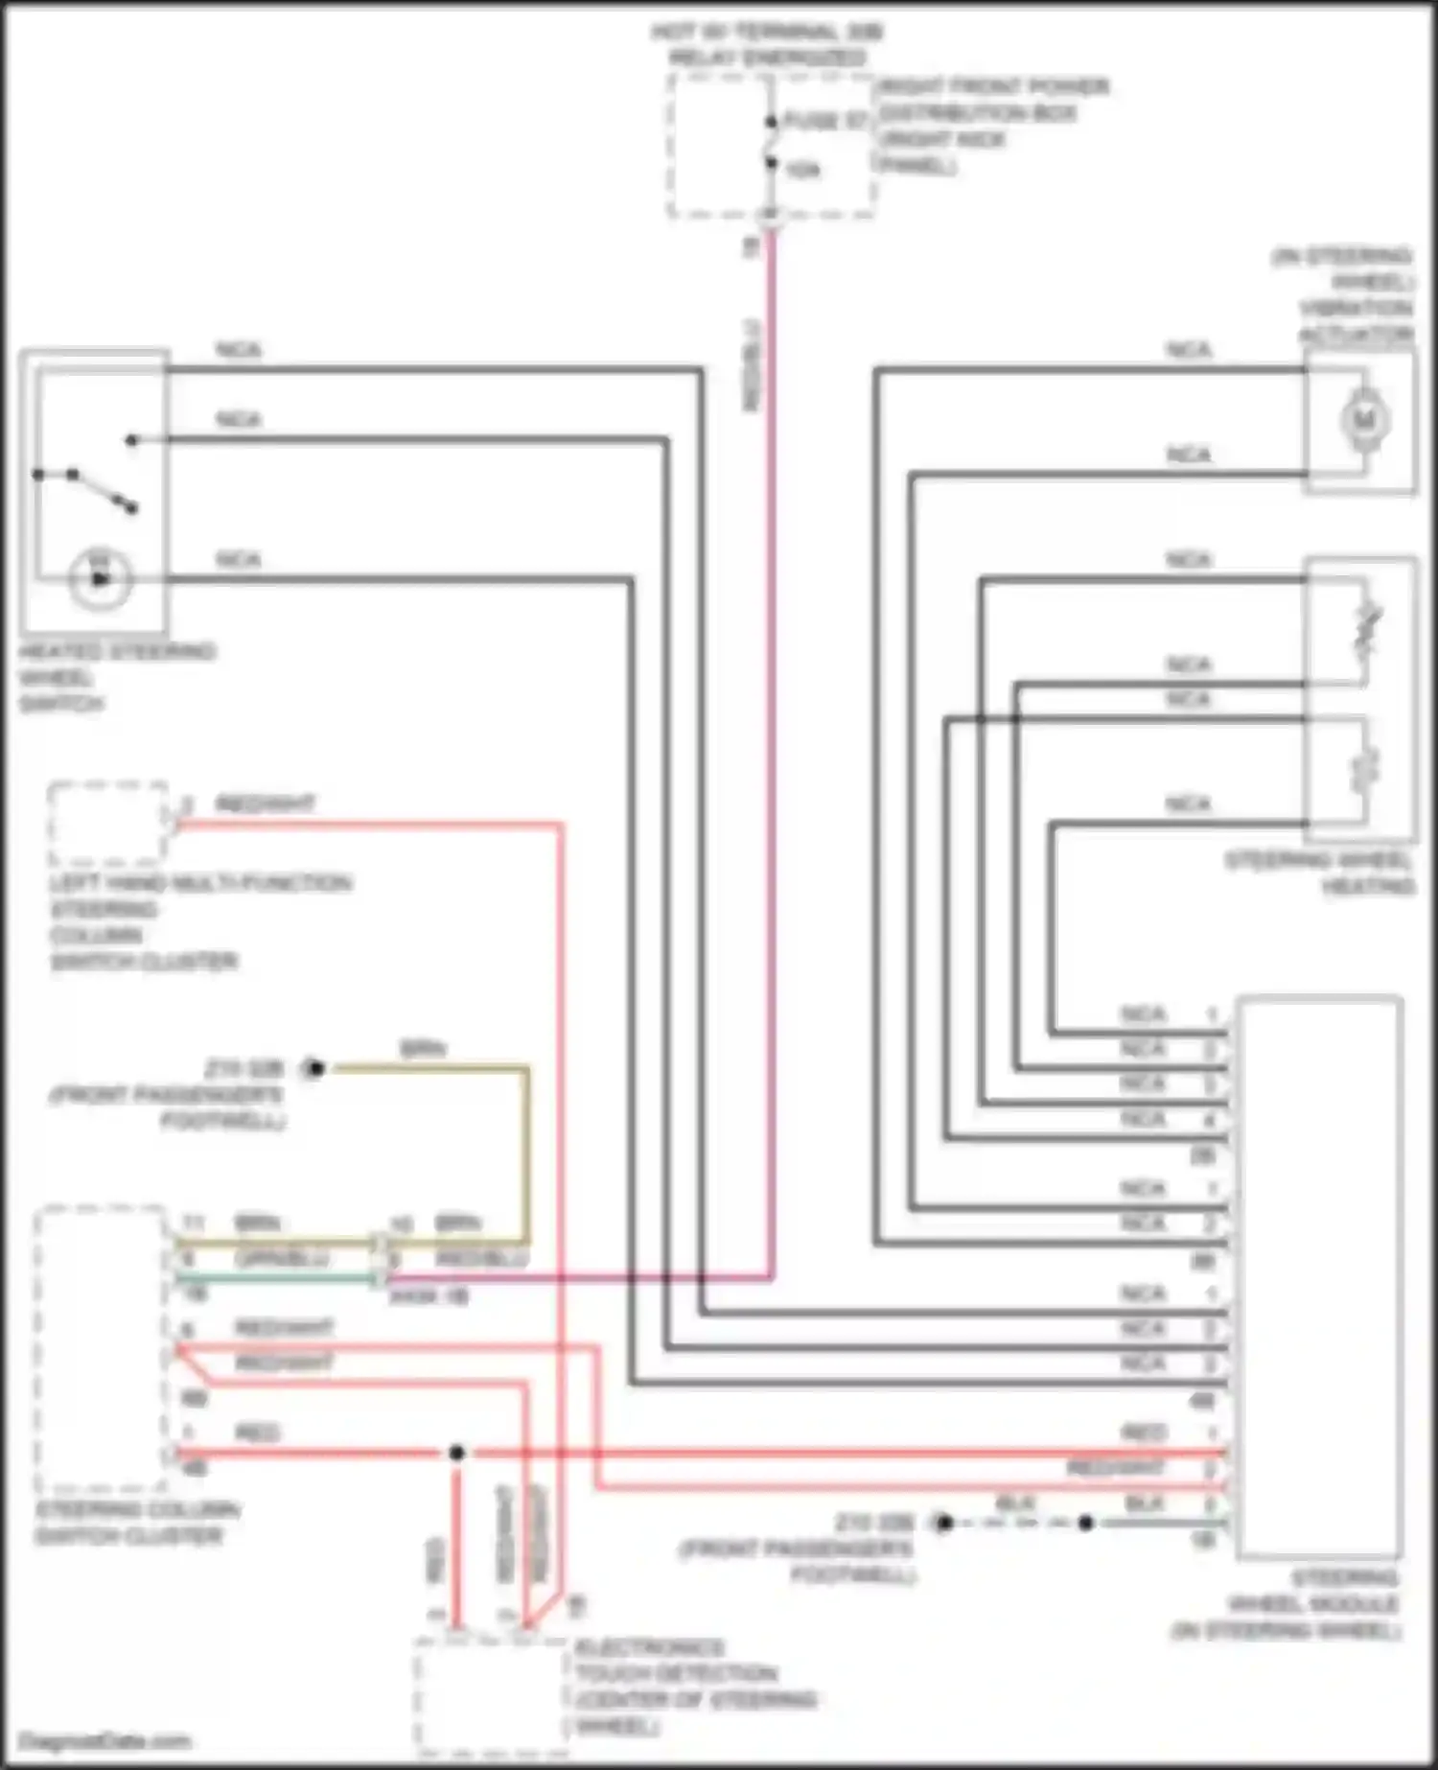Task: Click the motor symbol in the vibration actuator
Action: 1362,420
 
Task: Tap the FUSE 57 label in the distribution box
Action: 823,120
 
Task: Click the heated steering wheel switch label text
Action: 115,677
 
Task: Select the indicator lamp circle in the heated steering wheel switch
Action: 99,579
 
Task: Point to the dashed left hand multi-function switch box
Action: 108,823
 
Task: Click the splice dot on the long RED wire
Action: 456,1453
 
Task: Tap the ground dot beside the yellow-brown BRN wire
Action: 315,1067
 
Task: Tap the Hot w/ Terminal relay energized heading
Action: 767,44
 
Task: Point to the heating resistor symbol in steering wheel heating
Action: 1365,770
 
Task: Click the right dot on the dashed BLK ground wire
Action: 1086,1523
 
